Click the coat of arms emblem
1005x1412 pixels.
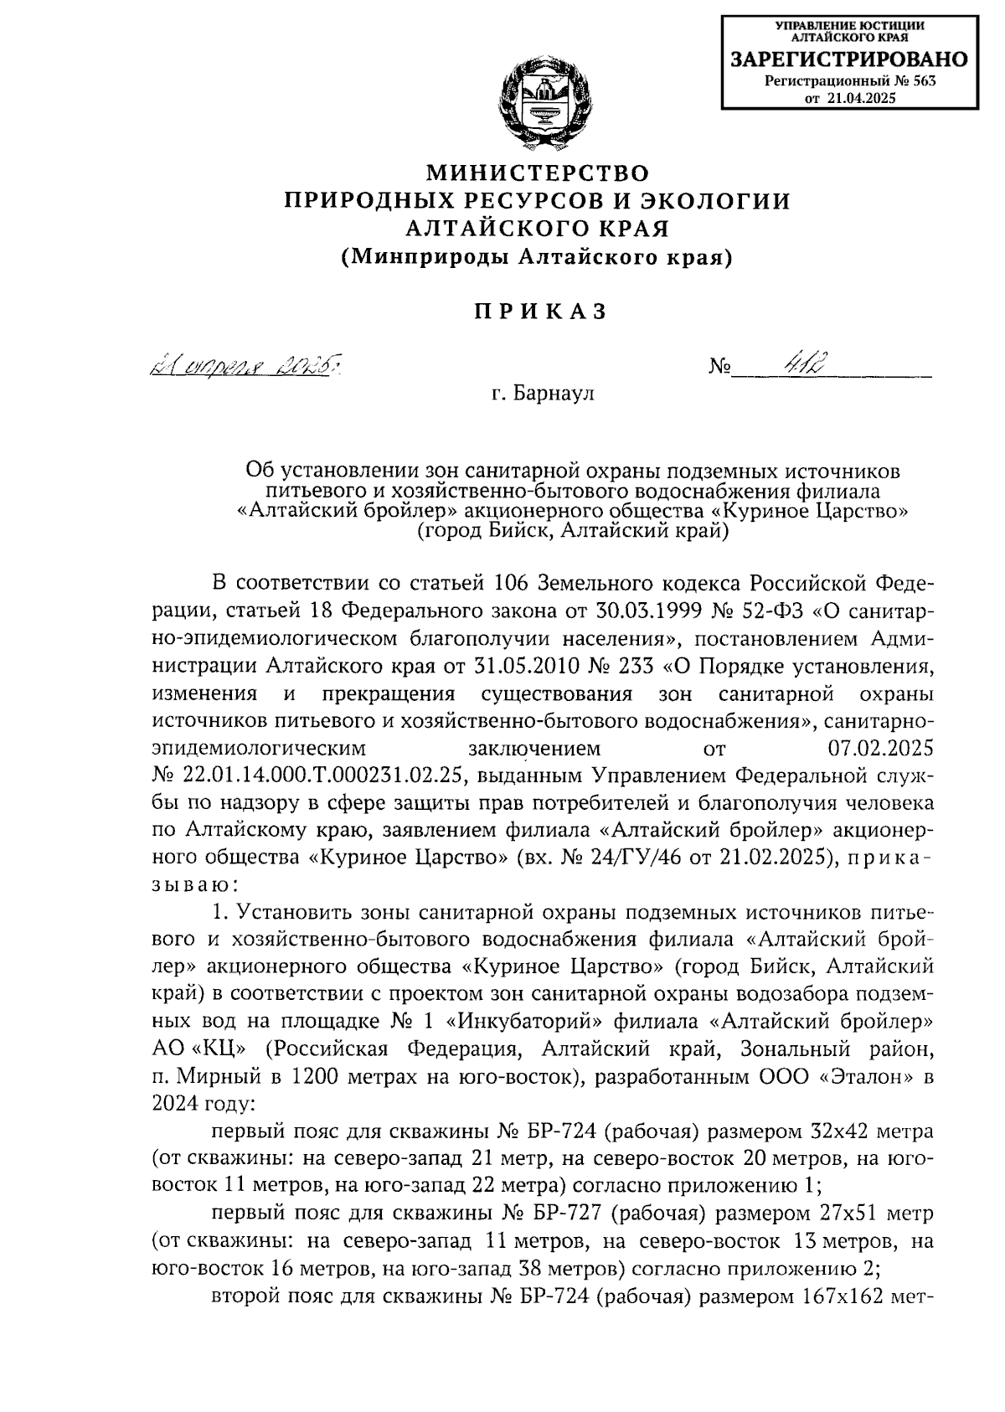[x=538, y=104]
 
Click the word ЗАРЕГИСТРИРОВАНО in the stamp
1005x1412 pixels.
[x=849, y=60]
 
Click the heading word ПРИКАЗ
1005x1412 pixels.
[x=539, y=312]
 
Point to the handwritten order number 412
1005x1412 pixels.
[x=801, y=366]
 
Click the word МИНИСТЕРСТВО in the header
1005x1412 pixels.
[x=538, y=173]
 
